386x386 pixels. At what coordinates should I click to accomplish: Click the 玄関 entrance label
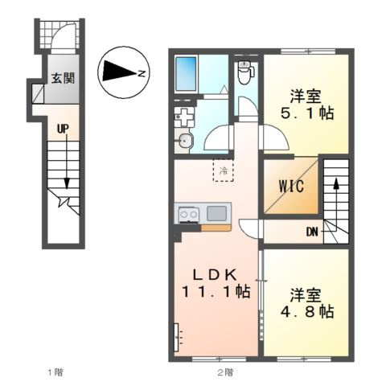(x=63, y=78)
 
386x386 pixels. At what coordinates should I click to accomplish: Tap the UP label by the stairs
(x=63, y=129)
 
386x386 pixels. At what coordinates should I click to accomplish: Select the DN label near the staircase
(x=312, y=232)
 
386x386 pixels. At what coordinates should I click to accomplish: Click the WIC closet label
(x=291, y=186)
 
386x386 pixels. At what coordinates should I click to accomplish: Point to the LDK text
(x=215, y=274)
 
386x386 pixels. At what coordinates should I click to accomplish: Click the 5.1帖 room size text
(x=307, y=113)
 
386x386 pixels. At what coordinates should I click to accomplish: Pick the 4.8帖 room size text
(x=307, y=311)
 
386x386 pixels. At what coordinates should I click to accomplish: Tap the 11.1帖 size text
(x=216, y=291)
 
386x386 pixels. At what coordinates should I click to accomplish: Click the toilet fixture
(x=246, y=72)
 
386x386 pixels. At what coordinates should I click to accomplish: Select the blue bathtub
(x=186, y=74)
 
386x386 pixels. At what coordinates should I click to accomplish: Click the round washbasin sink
(x=186, y=140)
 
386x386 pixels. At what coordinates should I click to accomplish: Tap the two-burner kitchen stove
(x=189, y=215)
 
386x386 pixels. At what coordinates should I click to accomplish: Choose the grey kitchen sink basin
(x=216, y=213)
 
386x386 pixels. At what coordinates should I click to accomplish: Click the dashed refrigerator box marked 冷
(x=224, y=170)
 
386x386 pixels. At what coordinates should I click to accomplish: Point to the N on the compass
(x=142, y=72)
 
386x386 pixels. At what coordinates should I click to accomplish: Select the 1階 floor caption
(x=55, y=372)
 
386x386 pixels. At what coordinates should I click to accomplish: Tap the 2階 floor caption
(x=225, y=372)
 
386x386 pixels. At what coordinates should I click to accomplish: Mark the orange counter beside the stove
(x=216, y=228)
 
